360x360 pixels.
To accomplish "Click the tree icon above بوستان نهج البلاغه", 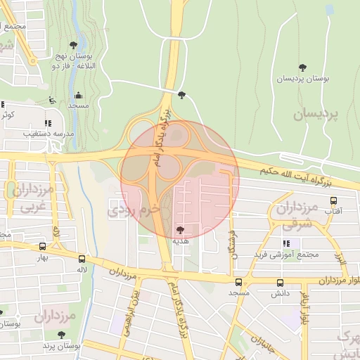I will [x=73, y=44].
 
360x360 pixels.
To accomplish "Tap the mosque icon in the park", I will [x=78, y=95].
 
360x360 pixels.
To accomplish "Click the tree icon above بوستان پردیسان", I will [x=302, y=68].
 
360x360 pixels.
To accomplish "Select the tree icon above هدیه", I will [x=181, y=229].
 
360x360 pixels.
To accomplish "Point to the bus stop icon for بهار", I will [x=44, y=247].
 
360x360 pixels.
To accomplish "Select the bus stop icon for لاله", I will [x=82, y=259].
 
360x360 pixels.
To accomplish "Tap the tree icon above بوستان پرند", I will [x=61, y=335].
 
